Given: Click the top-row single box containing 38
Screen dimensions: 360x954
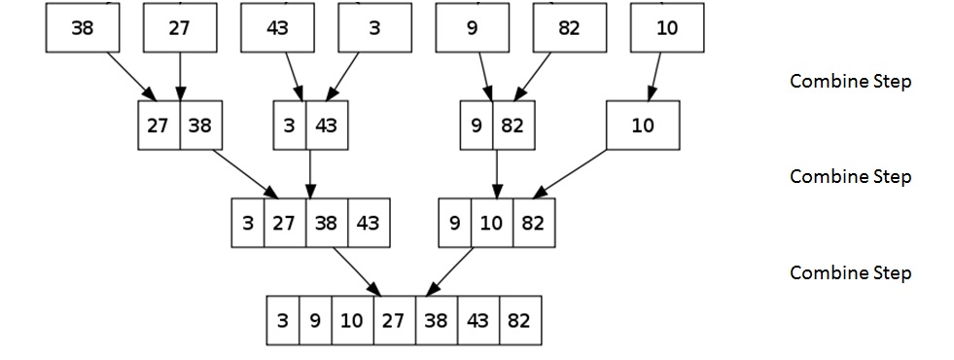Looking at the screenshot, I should click(83, 28).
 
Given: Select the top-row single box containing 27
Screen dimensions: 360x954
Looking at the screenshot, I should click(180, 28).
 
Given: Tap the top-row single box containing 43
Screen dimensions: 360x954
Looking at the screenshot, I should click(277, 28).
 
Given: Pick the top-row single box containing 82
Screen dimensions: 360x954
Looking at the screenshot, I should click(570, 28).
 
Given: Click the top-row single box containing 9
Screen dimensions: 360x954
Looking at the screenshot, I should click(473, 28).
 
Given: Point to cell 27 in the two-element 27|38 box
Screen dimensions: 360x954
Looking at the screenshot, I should click(159, 126).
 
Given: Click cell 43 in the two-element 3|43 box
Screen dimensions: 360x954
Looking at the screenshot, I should click(326, 126).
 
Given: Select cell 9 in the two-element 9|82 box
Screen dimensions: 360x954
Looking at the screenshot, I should click(477, 126).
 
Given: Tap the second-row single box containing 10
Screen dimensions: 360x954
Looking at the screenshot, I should click(643, 126).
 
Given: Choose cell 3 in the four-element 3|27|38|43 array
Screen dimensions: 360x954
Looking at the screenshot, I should click(248, 222).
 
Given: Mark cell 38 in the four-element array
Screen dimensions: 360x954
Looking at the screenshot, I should click(327, 222).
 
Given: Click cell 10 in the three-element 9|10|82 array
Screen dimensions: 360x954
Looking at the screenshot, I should click(492, 222).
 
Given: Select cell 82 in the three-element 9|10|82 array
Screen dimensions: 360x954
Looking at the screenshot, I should click(532, 222).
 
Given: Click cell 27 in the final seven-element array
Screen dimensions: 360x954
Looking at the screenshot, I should click(392, 320).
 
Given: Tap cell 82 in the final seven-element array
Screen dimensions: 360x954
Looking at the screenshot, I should click(518, 320).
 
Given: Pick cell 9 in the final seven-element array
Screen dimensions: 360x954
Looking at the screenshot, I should click(315, 320).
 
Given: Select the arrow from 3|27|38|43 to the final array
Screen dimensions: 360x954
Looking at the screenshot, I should click(356, 270).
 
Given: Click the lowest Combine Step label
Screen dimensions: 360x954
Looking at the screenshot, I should click(850, 272).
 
